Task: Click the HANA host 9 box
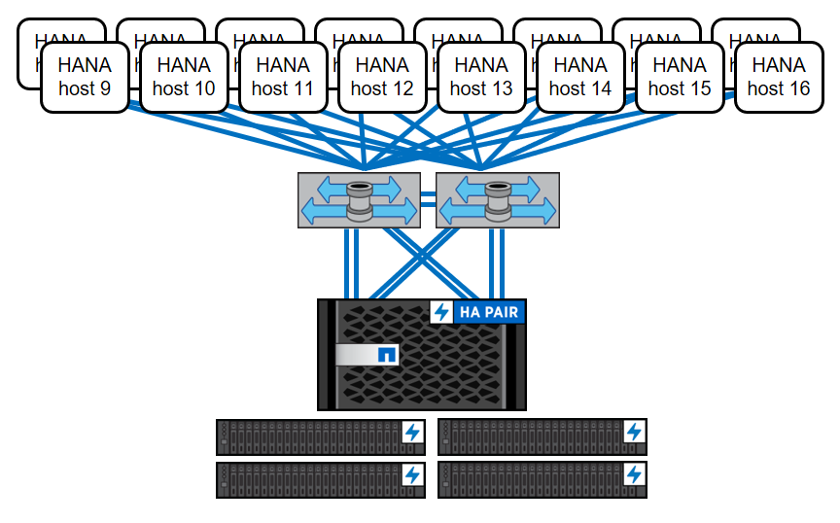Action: click(x=85, y=77)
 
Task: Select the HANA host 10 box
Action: click(x=184, y=77)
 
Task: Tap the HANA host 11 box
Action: click(x=283, y=77)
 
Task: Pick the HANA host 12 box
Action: click(x=382, y=77)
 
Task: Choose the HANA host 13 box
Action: click(x=481, y=77)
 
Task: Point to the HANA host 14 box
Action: click(x=580, y=77)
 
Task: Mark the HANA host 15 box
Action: click(x=680, y=77)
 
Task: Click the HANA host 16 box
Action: click(x=779, y=77)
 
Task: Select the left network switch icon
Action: click(x=359, y=200)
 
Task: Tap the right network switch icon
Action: click(x=498, y=200)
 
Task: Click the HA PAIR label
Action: click(x=490, y=312)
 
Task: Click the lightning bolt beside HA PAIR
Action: click(x=442, y=312)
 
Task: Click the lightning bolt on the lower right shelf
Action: click(x=634, y=474)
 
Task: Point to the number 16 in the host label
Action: click(x=792, y=88)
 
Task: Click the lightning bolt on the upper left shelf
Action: click(x=412, y=432)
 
